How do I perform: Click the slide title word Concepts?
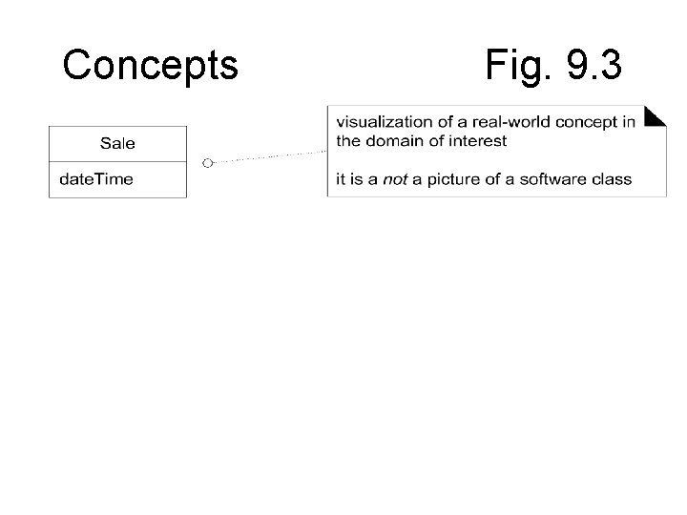[150, 65]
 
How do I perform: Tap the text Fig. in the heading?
[510, 65]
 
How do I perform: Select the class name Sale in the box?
[117, 144]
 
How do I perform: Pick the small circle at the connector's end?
[206, 162]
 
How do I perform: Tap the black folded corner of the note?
[655, 117]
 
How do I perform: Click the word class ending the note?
[613, 179]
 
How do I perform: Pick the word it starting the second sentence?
[340, 179]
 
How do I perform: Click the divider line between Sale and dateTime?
[117, 161]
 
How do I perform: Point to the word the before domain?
[347, 141]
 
